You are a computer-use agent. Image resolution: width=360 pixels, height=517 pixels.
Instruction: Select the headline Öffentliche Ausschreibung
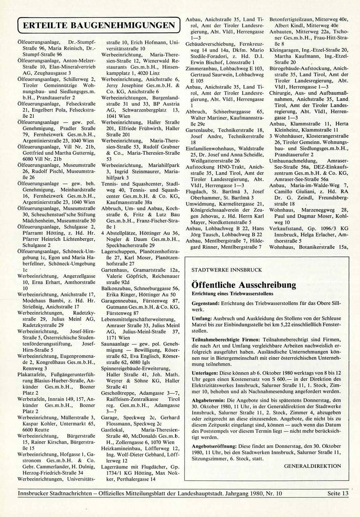click(244, 285)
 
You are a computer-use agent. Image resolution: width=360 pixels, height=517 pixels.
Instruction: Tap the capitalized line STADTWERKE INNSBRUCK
click(226, 270)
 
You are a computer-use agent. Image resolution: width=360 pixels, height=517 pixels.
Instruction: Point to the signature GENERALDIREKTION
click(312, 466)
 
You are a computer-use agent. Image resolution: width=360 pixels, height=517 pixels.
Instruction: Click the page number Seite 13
click(338, 494)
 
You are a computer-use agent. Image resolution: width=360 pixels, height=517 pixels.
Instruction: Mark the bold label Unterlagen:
click(205, 373)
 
